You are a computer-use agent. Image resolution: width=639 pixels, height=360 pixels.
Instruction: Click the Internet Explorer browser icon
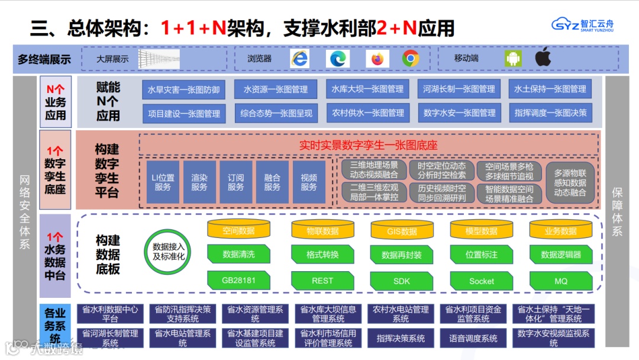300,58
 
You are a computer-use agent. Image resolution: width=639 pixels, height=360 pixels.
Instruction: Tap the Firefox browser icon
377,59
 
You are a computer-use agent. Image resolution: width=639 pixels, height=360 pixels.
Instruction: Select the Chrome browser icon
411,58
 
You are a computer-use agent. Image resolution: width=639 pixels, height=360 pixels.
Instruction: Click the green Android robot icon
513,58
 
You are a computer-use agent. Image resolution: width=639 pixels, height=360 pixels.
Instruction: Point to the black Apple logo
543,57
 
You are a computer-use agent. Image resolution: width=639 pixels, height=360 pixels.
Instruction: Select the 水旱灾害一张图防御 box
183,89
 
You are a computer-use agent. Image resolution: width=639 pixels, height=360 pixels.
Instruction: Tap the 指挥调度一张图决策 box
550,112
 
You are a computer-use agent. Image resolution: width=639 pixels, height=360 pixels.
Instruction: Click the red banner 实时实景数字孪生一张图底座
368,144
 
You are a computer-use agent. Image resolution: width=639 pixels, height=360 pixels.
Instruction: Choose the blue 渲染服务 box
199,182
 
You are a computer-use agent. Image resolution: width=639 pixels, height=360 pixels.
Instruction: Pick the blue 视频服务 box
309,182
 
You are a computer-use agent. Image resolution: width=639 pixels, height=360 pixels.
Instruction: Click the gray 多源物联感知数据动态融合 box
570,182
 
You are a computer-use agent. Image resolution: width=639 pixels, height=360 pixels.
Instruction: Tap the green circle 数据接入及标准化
169,252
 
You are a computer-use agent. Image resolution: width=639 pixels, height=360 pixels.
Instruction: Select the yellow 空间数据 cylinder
238,230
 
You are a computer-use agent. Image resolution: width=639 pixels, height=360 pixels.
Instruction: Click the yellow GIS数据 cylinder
402,231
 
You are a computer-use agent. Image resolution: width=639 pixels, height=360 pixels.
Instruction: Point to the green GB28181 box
238,280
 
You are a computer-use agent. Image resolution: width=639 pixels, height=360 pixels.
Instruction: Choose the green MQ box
560,281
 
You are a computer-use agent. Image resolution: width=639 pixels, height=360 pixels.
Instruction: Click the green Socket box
481,281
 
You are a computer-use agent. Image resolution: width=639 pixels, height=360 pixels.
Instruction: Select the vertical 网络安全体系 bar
25,211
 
